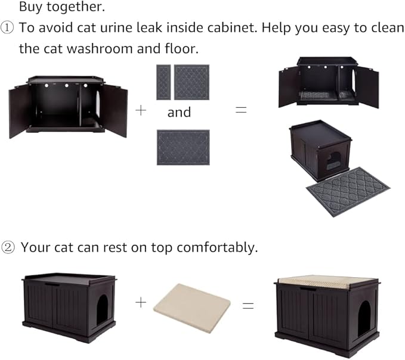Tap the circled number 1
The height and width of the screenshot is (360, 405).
[9, 28]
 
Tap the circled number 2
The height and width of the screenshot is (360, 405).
[9, 247]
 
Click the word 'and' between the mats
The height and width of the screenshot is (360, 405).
[179, 112]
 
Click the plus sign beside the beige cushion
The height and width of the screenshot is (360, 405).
[141, 302]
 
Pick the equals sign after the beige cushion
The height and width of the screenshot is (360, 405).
[247, 306]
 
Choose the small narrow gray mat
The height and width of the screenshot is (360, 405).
[163, 82]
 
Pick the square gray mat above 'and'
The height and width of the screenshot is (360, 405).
[191, 82]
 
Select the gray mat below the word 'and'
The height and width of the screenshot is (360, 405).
[183, 147]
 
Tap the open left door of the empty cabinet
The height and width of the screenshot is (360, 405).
[20, 111]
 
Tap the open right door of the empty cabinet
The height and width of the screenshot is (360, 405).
[113, 110]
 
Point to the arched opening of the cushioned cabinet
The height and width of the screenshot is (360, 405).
[363, 316]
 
